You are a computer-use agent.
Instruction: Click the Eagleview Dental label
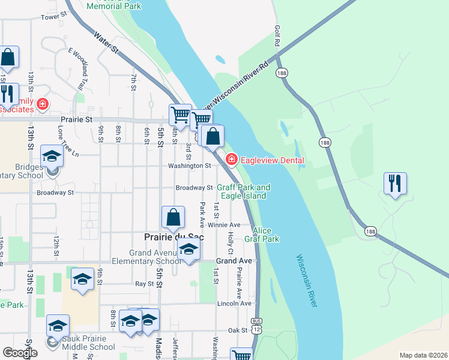[x=272, y=160]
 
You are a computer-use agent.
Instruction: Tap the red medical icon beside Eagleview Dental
[x=231, y=159]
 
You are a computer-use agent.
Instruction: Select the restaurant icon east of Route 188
[x=395, y=183]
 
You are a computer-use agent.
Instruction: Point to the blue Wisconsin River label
[x=306, y=281]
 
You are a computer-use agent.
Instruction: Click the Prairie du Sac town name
[x=174, y=237]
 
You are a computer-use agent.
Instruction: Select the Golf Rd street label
[x=277, y=36]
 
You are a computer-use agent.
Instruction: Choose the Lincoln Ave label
[x=234, y=304]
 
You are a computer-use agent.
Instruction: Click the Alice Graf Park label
[x=266, y=235]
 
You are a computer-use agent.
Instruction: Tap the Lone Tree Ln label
[x=68, y=142]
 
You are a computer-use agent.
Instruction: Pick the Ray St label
[x=145, y=283]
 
